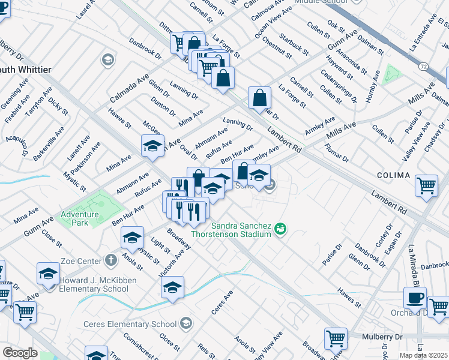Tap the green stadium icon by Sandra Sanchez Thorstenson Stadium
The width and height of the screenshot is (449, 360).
pyautogui.click(x=280, y=229)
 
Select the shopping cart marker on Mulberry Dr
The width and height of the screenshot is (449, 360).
pyautogui.click(x=336, y=338)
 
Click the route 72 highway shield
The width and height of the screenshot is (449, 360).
pyautogui.click(x=424, y=67)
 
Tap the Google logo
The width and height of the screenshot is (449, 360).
pyautogui.click(x=20, y=352)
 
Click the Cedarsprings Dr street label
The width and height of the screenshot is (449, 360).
pyautogui.click(x=346, y=88)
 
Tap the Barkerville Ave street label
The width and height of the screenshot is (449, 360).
pyautogui.click(x=49, y=143)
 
